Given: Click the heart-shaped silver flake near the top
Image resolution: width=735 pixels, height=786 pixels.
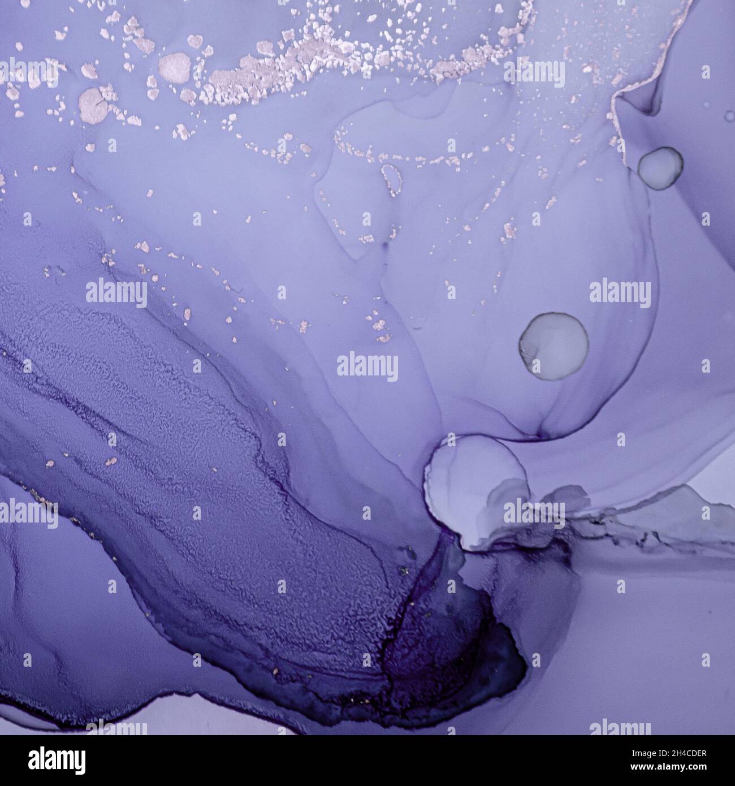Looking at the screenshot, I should tap(195, 41).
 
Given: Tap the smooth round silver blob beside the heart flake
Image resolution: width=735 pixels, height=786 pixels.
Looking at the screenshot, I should tap(175, 66).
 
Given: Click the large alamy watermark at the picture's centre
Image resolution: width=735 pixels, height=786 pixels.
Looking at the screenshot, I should tap(367, 366).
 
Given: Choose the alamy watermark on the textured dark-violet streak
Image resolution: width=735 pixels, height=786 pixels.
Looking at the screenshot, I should tap(116, 293).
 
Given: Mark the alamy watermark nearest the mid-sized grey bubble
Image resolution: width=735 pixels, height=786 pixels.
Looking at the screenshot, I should tap(620, 293).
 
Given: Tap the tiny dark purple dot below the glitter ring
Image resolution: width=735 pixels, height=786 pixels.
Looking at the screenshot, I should tap(386, 245).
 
